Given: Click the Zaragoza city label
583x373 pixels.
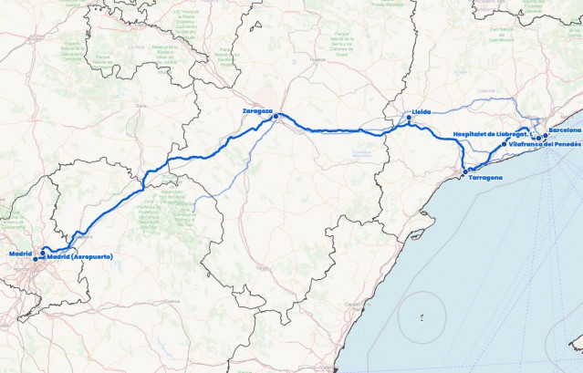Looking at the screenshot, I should tap(256, 110).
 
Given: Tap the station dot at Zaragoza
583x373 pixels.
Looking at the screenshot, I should tap(275, 117).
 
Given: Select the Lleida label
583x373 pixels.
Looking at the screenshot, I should tap(421, 111).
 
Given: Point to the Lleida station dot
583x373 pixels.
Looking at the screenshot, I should tap(410, 119).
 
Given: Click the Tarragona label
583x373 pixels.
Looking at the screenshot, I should tap(484, 177).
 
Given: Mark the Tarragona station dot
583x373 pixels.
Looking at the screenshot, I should tap(465, 171).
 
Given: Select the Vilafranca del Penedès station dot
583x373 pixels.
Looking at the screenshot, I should tap(504, 145).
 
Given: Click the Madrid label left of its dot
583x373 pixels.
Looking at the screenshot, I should tap(20, 253).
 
